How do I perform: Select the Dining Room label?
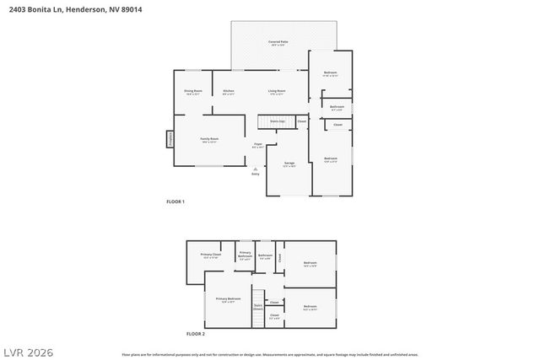[x=193, y=91]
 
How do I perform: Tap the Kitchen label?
[x=229, y=91]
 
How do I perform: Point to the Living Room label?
[x=277, y=91]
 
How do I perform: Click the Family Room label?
[x=209, y=139]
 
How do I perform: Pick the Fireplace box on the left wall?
[x=170, y=139]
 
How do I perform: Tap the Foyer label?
[x=257, y=146]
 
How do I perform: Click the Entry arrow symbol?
[x=255, y=169]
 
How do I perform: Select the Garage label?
[x=289, y=163]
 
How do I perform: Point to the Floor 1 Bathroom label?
[x=337, y=107]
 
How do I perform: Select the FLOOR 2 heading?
[x=195, y=334]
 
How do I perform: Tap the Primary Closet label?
[x=211, y=255]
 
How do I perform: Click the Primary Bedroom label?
[x=228, y=299]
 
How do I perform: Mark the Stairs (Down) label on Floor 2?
[x=257, y=308]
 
